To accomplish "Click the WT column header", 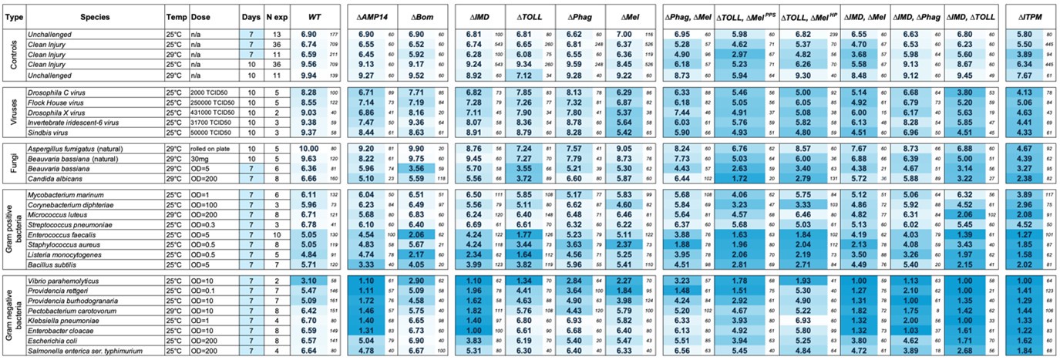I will point(315,16).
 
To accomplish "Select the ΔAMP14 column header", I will point(373,16).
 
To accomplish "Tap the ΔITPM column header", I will point(1028,16).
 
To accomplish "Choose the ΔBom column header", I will point(422,16).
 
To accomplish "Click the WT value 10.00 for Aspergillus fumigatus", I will point(308,147).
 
